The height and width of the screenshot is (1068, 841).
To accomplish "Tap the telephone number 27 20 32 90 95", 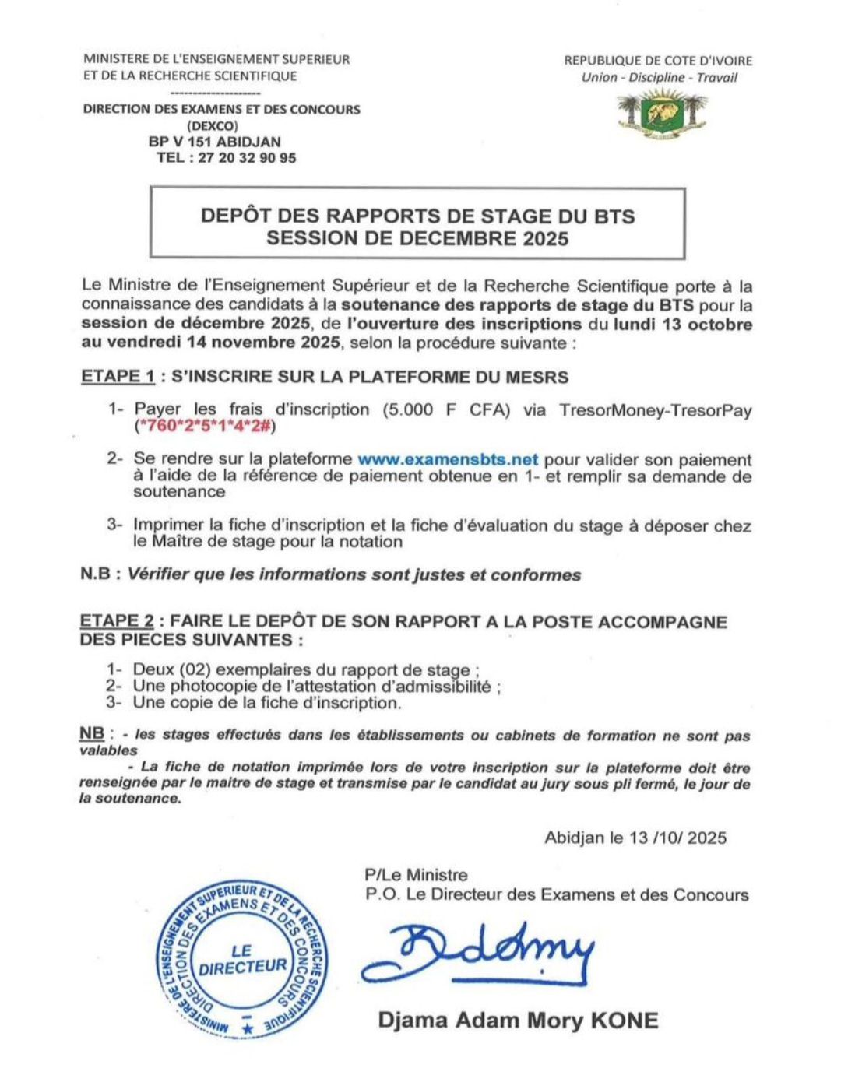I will (x=247, y=158).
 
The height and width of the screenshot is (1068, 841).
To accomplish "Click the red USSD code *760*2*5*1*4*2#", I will (x=206, y=426).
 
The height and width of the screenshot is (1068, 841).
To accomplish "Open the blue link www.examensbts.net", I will (x=448, y=460).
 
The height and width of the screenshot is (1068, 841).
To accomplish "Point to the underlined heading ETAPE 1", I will (x=118, y=377).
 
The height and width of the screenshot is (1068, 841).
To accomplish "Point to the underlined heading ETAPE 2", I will (x=117, y=622).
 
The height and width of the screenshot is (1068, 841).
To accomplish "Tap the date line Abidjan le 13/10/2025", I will (x=635, y=838).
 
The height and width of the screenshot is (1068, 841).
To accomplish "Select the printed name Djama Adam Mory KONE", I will (x=518, y=1020).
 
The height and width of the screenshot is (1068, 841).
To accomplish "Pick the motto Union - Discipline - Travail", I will (x=659, y=78).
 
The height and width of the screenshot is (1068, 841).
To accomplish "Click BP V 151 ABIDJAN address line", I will (x=215, y=142).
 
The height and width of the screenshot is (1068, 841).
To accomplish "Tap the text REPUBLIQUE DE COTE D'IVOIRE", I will (x=658, y=61).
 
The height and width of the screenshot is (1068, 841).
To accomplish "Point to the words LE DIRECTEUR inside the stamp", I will (x=242, y=959).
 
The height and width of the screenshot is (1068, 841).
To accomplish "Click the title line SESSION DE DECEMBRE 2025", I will (x=417, y=238).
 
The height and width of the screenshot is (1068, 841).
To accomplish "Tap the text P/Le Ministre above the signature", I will (x=417, y=875).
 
